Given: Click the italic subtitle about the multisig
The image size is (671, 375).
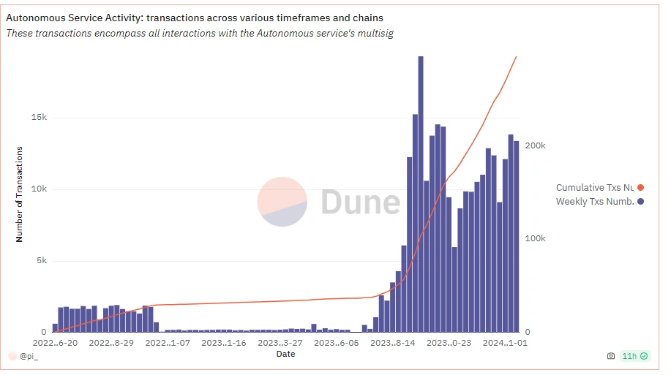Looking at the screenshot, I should coord(200,34).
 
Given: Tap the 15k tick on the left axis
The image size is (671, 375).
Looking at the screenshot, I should coord(39,118).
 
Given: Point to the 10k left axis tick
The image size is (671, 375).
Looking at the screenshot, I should coord(39,189).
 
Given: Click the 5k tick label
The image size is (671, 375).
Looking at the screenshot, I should coord(41,261).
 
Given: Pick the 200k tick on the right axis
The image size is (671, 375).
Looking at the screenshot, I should coord(536,146).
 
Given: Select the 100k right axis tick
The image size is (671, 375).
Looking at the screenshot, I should coord(536,239).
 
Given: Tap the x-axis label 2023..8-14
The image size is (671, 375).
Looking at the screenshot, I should coord(394,342).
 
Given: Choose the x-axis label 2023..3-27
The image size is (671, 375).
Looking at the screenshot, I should coord(282,342).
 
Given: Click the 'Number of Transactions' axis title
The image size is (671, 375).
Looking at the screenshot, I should coord(20,194).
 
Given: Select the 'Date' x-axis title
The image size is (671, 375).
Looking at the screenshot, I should coord(285,355).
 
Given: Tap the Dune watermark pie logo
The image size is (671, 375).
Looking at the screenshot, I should coord(282,202).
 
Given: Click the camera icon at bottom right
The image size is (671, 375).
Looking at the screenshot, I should coord(611,357).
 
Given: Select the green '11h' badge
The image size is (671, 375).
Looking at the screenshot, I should coord(634,357).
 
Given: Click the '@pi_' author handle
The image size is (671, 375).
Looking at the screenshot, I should coord(29,357).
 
